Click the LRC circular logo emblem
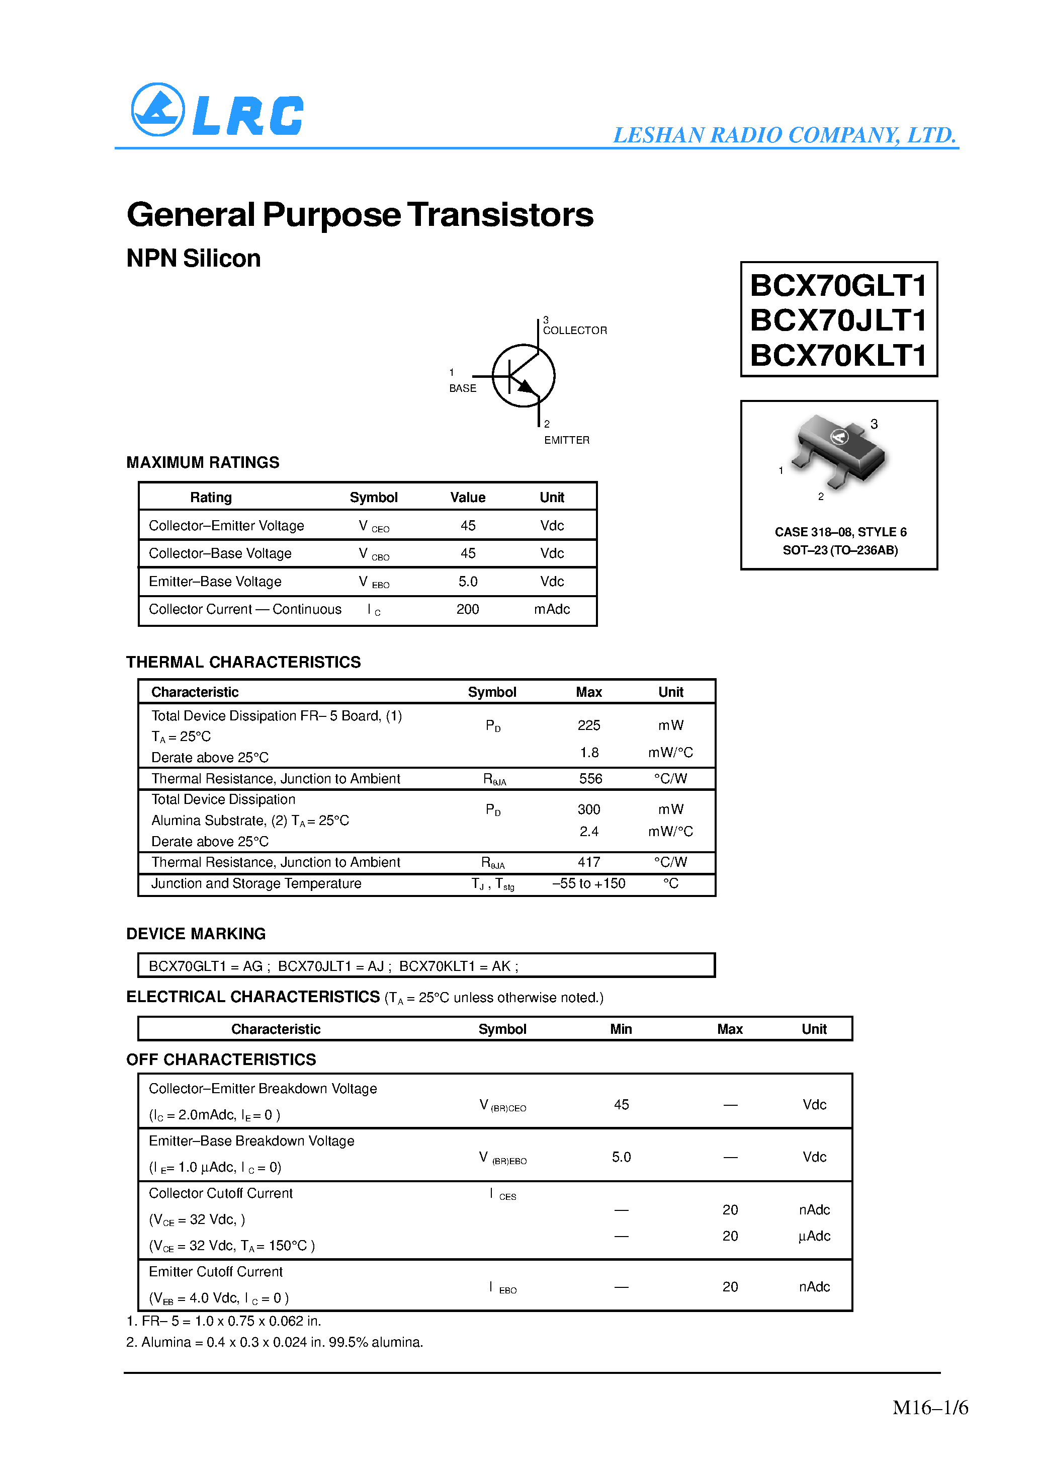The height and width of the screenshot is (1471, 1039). pyautogui.click(x=157, y=110)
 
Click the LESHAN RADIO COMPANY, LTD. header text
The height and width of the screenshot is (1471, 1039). pyautogui.click(x=784, y=135)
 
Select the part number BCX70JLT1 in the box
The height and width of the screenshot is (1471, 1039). pyautogui.click(x=838, y=320)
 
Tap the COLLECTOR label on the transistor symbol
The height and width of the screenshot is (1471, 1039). pyautogui.click(x=575, y=331)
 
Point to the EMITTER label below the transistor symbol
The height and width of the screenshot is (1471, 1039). pyautogui.click(x=566, y=440)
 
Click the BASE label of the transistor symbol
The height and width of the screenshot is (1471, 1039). pyautogui.click(x=463, y=388)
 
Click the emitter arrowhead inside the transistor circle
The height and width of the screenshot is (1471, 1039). pyautogui.click(x=525, y=386)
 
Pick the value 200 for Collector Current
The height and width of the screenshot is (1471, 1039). pyautogui.click(x=468, y=609)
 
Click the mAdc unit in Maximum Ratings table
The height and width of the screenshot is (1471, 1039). pyautogui.click(x=552, y=609)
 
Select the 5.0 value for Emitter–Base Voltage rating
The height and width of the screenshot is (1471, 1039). pyautogui.click(x=468, y=582)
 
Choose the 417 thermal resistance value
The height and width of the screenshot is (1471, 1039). pyautogui.click(x=589, y=862)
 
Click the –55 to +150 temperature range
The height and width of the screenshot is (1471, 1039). pyautogui.click(x=589, y=883)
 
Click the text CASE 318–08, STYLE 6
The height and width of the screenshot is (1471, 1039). pyautogui.click(x=840, y=532)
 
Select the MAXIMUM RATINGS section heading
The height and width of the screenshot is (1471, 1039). pyautogui.click(x=203, y=462)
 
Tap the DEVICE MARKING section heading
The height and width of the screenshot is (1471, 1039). pyautogui.click(x=195, y=934)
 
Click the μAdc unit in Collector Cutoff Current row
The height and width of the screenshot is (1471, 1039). pyautogui.click(x=814, y=1237)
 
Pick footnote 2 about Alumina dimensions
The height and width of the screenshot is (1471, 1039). pyautogui.click(x=274, y=1342)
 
